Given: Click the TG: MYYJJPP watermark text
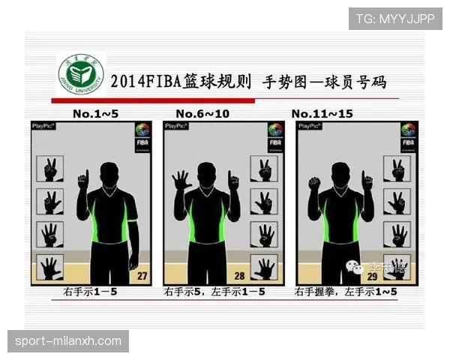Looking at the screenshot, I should (x=395, y=18).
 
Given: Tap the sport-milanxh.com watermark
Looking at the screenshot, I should (x=68, y=341).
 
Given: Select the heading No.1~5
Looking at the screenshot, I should (x=96, y=113).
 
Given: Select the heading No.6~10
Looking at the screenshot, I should (x=202, y=113).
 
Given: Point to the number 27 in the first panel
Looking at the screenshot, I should (x=141, y=275).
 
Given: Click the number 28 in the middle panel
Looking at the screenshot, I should (x=239, y=275).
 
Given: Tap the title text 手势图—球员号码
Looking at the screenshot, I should (x=324, y=81).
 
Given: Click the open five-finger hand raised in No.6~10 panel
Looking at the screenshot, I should (x=181, y=181).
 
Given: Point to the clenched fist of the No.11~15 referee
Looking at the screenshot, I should (x=314, y=182).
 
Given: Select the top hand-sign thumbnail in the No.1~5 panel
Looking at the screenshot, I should (x=49, y=169).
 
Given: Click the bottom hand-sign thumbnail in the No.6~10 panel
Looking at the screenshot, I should (x=264, y=267).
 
